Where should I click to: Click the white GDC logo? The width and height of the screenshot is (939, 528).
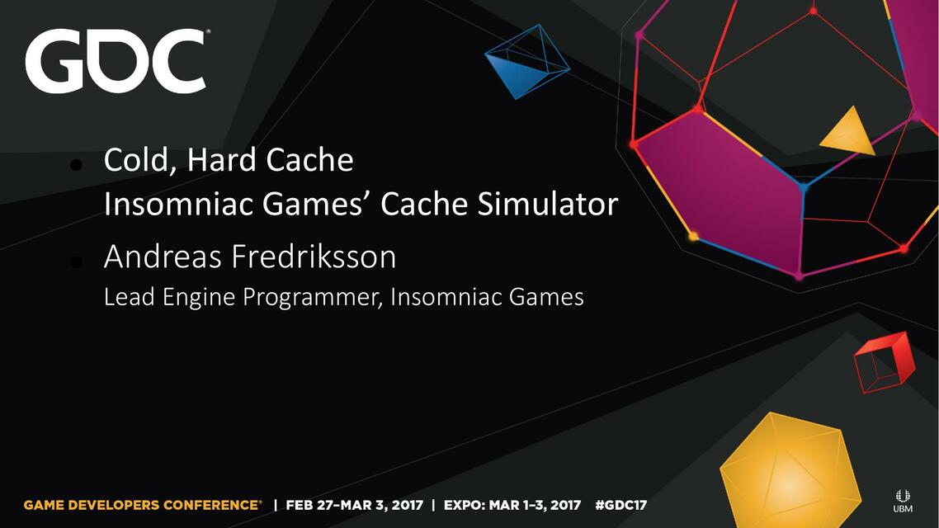(116, 60)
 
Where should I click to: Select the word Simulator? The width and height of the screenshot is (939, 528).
(547, 204)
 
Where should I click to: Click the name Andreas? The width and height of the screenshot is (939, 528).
(163, 257)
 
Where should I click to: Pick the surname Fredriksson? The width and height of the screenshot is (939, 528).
(314, 257)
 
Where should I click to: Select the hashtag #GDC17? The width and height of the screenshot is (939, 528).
(621, 505)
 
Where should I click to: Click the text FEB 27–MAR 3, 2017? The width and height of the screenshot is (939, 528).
(355, 505)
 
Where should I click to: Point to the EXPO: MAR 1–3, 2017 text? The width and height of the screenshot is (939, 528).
(512, 505)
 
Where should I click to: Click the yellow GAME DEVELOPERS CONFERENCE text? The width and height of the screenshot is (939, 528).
(143, 505)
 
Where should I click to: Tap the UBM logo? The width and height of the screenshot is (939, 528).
(903, 501)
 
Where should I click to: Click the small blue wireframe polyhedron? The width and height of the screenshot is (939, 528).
(526, 61)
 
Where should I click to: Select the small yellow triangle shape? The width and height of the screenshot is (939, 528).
(848, 133)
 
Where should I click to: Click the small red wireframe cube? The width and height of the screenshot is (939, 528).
(884, 363)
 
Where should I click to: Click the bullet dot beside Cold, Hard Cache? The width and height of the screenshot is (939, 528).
(76, 164)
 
